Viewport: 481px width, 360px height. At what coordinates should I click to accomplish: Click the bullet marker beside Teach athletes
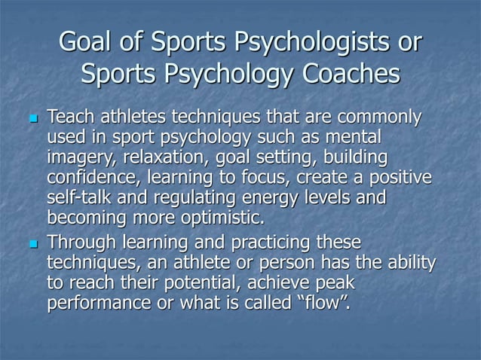(31, 121)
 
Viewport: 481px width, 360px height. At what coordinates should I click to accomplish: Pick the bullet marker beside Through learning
(31, 244)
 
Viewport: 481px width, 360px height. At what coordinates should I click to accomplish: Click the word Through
(79, 243)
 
